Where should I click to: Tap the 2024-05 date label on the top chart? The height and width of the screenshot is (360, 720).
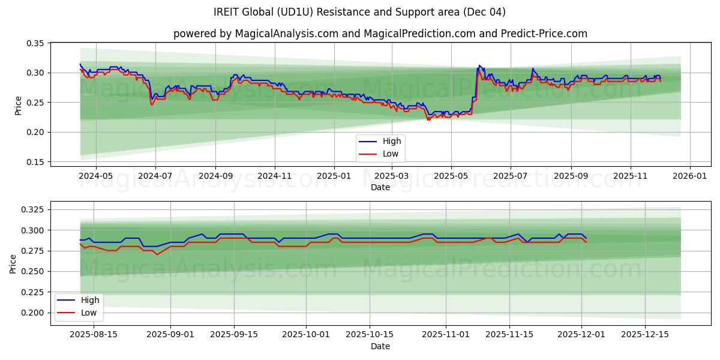(96, 176)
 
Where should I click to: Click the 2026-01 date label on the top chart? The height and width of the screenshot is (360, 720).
(689, 176)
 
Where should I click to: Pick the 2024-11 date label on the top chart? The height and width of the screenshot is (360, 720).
(275, 176)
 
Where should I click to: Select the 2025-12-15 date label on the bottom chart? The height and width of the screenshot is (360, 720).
(645, 335)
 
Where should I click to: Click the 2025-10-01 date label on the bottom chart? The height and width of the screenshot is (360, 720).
(307, 335)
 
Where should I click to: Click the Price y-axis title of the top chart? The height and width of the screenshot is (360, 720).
(18, 106)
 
